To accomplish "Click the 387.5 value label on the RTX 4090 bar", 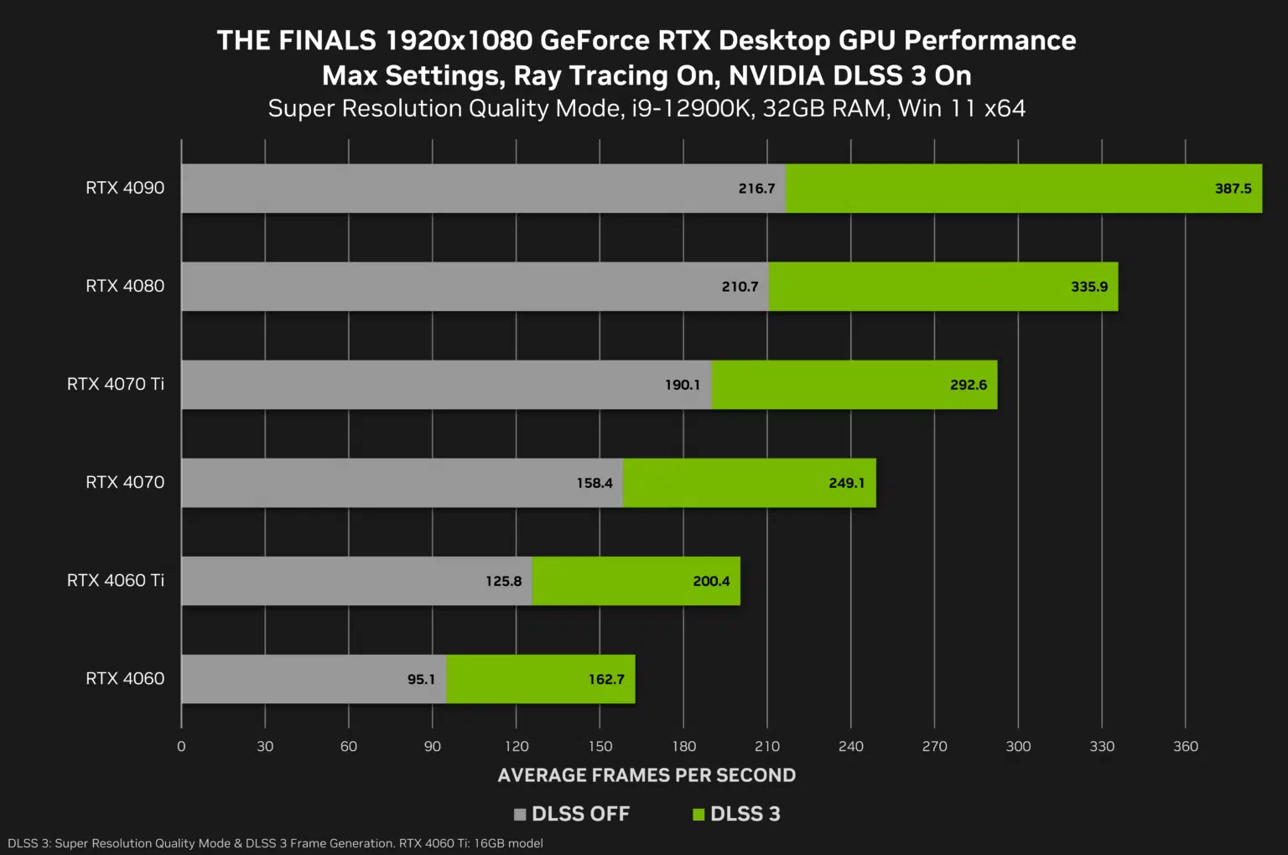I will pos(1233,189).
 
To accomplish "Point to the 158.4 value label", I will pos(595,483).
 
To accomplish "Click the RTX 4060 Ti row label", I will pos(116,580).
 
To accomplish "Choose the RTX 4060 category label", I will pos(125,678).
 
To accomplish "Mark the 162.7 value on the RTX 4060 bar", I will pos(606,679).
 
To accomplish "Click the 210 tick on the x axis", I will pos(767,746).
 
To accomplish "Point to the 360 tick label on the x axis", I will pos(1185,746).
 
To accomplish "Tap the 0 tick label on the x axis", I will pos(181,746).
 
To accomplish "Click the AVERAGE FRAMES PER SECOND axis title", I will pos(647,775).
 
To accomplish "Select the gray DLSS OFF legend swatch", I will pos(520,814).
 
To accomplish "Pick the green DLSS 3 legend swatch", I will pos(699,814).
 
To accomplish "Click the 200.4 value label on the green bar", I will pos(711,581).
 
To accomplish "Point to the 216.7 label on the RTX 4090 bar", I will pos(756,189).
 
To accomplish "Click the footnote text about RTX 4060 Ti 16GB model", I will pos(470,843).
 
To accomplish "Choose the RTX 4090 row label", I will pos(125,188).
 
